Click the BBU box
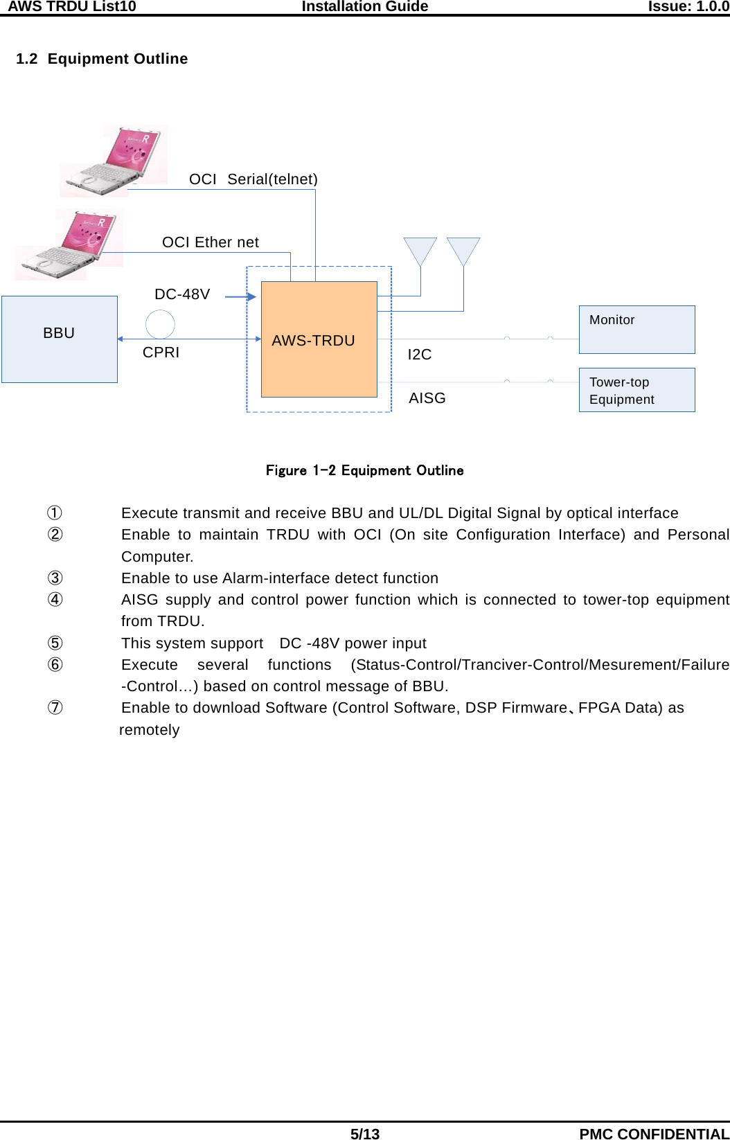tap(60, 339)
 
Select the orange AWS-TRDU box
tap(319, 339)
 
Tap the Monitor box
tap(636, 330)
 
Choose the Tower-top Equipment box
tap(636, 390)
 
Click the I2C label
tap(420, 355)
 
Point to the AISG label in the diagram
tap(427, 398)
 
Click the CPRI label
tap(161, 353)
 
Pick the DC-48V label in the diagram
tap(182, 294)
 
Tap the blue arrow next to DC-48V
tap(240, 296)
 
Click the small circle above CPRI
tap(160, 323)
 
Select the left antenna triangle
tap(420, 250)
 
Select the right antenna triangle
tap(463, 250)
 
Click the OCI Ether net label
tap(211, 242)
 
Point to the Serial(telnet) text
tap(272, 179)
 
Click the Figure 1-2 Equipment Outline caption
tap(364, 471)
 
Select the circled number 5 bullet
tap(55, 643)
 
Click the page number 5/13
tap(364, 1134)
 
